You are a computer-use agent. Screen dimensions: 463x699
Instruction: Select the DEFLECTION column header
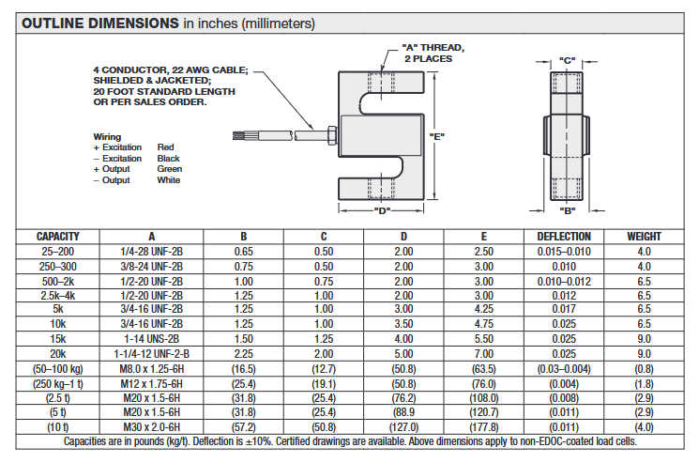(563, 237)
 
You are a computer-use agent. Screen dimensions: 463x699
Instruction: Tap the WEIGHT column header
(644, 237)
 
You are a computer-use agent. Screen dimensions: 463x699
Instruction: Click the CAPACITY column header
(57, 237)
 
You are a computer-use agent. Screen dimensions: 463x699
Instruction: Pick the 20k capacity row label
(57, 353)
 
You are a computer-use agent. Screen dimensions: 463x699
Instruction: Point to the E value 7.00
(483, 353)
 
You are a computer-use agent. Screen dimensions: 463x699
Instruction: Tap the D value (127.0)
(403, 426)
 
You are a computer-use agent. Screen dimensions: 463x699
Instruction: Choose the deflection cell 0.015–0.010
(563, 251)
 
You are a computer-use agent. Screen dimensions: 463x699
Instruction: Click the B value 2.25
(243, 353)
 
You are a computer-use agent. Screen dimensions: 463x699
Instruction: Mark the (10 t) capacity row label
(57, 426)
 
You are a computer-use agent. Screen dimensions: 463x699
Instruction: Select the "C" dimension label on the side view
(567, 60)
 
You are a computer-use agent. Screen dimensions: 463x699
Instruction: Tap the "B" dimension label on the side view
(567, 211)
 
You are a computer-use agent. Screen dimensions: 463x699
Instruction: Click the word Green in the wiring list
(169, 169)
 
